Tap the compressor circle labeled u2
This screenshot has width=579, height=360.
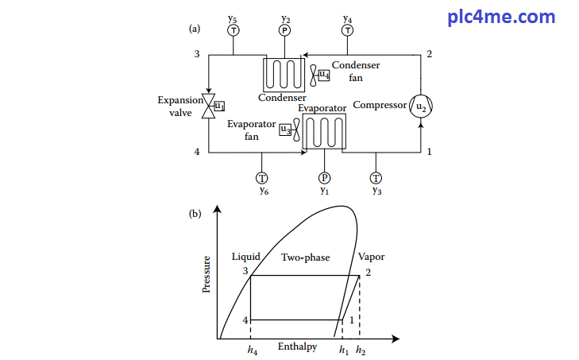(421, 107)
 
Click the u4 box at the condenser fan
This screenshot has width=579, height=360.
(323, 75)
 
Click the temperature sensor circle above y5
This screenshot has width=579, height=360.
(234, 30)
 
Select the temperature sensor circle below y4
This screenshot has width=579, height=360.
(347, 30)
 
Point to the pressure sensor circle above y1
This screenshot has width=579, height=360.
(324, 177)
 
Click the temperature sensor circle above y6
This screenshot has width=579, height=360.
(263, 177)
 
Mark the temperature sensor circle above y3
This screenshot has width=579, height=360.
(376, 177)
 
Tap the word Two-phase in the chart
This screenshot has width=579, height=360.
(305, 257)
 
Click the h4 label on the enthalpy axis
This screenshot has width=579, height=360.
(252, 350)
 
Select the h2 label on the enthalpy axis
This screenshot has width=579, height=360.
(361, 350)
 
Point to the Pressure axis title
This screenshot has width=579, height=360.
(207, 274)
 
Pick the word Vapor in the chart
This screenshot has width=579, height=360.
(371, 257)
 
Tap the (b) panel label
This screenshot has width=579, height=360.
(195, 212)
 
